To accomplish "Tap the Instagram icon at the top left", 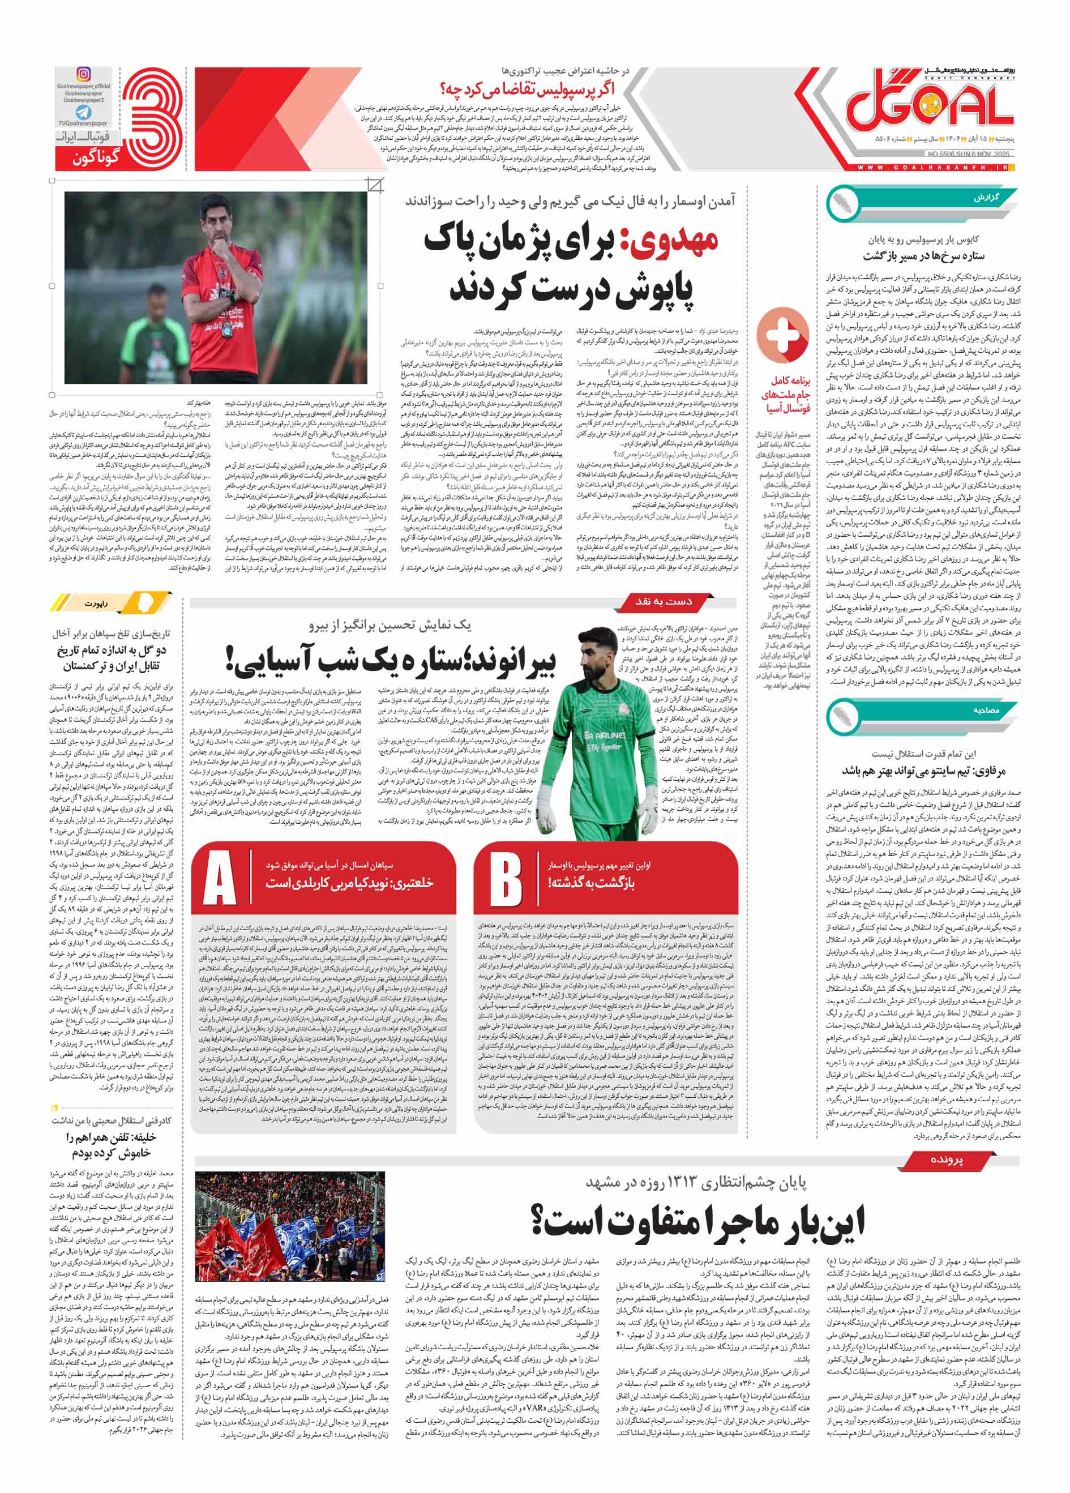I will [84, 74].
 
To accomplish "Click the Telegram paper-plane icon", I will [84, 113].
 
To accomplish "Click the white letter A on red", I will [220, 880].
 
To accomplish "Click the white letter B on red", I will [506, 880].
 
